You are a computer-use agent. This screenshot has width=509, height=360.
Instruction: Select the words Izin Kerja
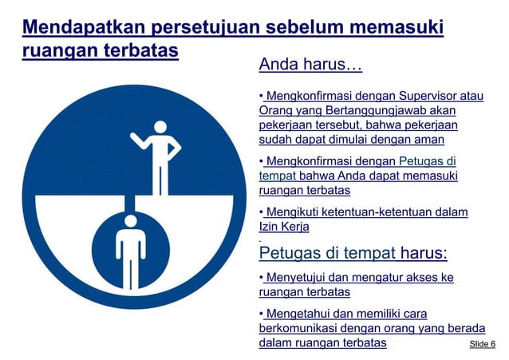tap(284, 227)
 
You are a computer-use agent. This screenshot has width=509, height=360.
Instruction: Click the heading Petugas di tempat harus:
tap(353, 254)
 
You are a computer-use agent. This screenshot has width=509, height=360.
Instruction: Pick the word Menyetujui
tap(301, 278)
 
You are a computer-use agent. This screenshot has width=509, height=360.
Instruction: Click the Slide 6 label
tap(482, 344)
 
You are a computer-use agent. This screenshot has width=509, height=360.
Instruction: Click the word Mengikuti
tap(294, 212)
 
